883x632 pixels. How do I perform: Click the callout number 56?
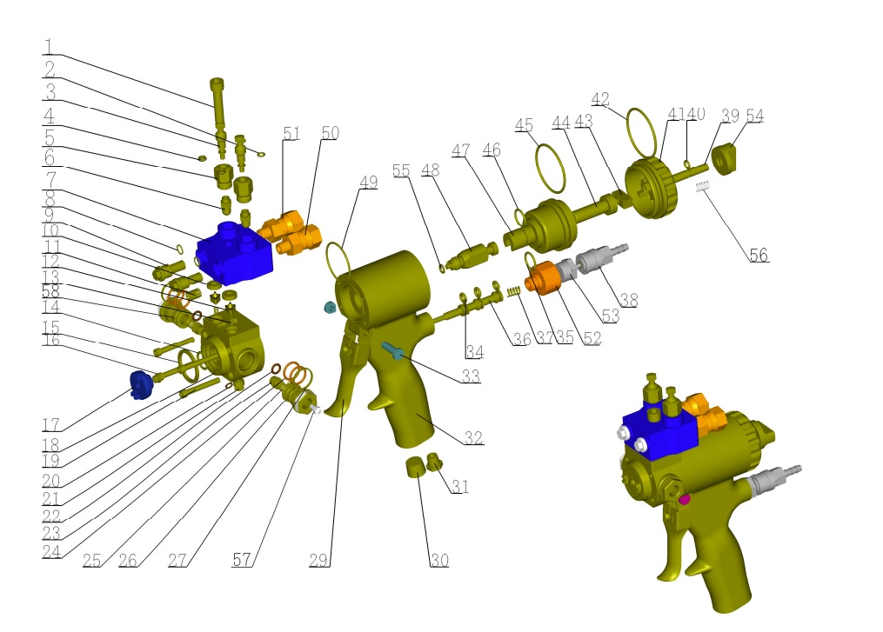point(759,255)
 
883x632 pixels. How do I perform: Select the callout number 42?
point(600,100)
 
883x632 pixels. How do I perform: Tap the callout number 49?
point(368,183)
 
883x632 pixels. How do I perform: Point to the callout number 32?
point(473,437)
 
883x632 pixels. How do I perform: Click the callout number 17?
point(51,424)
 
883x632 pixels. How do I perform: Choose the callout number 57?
point(242,559)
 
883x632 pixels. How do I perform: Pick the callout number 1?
point(49,46)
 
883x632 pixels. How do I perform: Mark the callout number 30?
point(439,560)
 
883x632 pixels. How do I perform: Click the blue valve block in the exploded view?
point(235,253)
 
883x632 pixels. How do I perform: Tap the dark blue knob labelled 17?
point(141,385)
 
